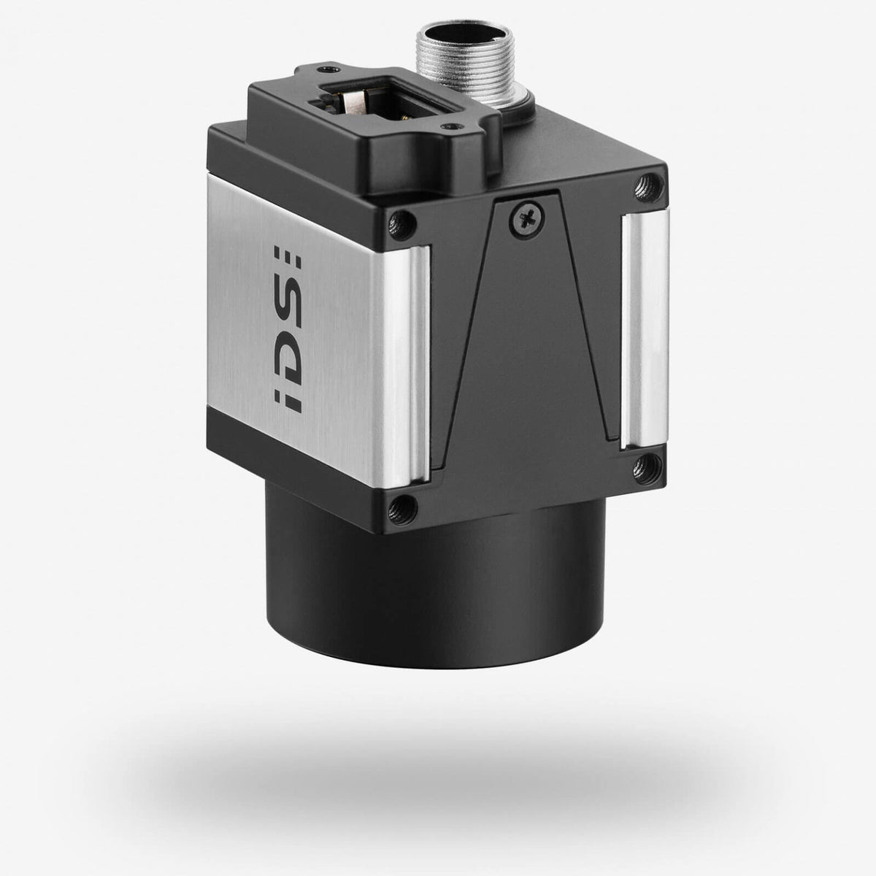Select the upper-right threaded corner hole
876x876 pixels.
click(x=645, y=180)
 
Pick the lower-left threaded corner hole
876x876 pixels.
click(x=400, y=504)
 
